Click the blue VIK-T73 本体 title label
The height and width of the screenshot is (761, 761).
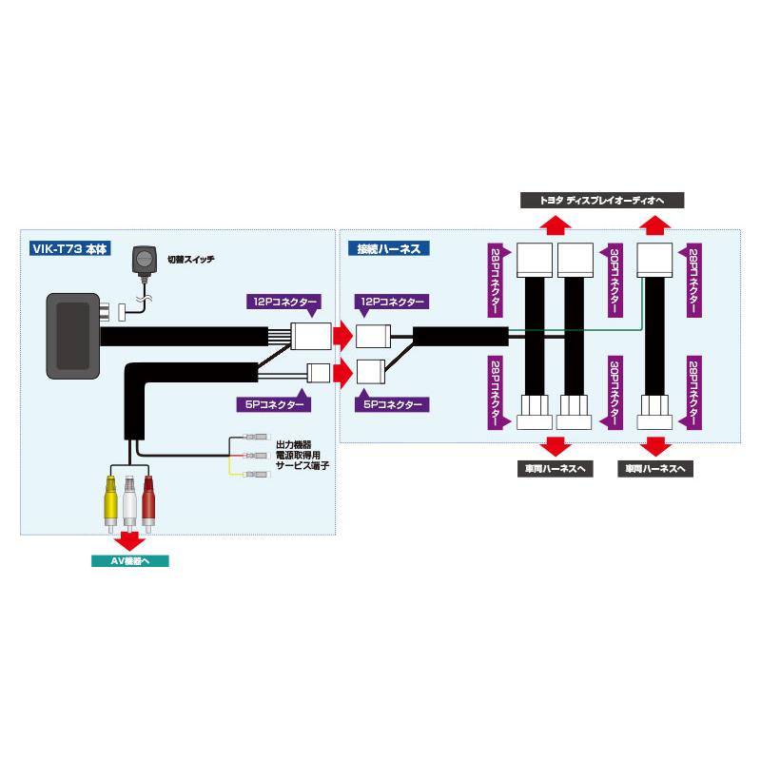(70, 248)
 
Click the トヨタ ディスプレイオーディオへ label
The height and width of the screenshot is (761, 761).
(602, 201)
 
